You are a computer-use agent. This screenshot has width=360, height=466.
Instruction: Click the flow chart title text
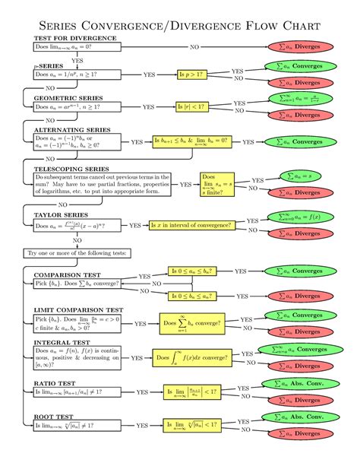[180, 26]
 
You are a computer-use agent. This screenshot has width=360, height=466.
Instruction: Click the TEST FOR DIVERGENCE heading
[74, 38]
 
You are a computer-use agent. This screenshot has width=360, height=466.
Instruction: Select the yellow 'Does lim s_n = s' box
[216, 185]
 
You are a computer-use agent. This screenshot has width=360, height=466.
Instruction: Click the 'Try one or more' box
[77, 252]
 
